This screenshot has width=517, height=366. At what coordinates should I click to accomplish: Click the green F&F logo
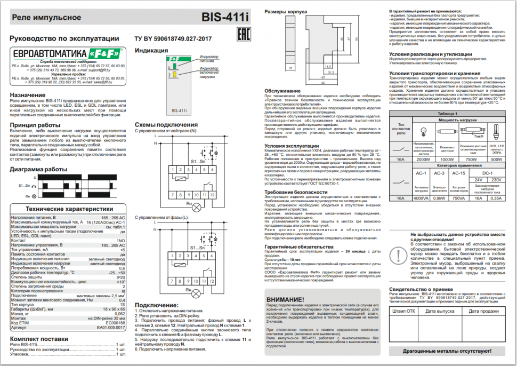(x=100, y=54)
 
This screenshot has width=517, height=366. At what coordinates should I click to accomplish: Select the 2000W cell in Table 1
(x=423, y=158)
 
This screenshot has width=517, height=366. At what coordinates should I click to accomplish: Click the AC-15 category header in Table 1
(x=458, y=173)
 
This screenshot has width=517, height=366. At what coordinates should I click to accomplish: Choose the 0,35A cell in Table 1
(x=496, y=198)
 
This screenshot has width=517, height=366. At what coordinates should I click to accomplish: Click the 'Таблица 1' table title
(x=448, y=114)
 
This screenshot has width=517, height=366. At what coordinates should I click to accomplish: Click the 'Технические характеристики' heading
(x=70, y=209)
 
